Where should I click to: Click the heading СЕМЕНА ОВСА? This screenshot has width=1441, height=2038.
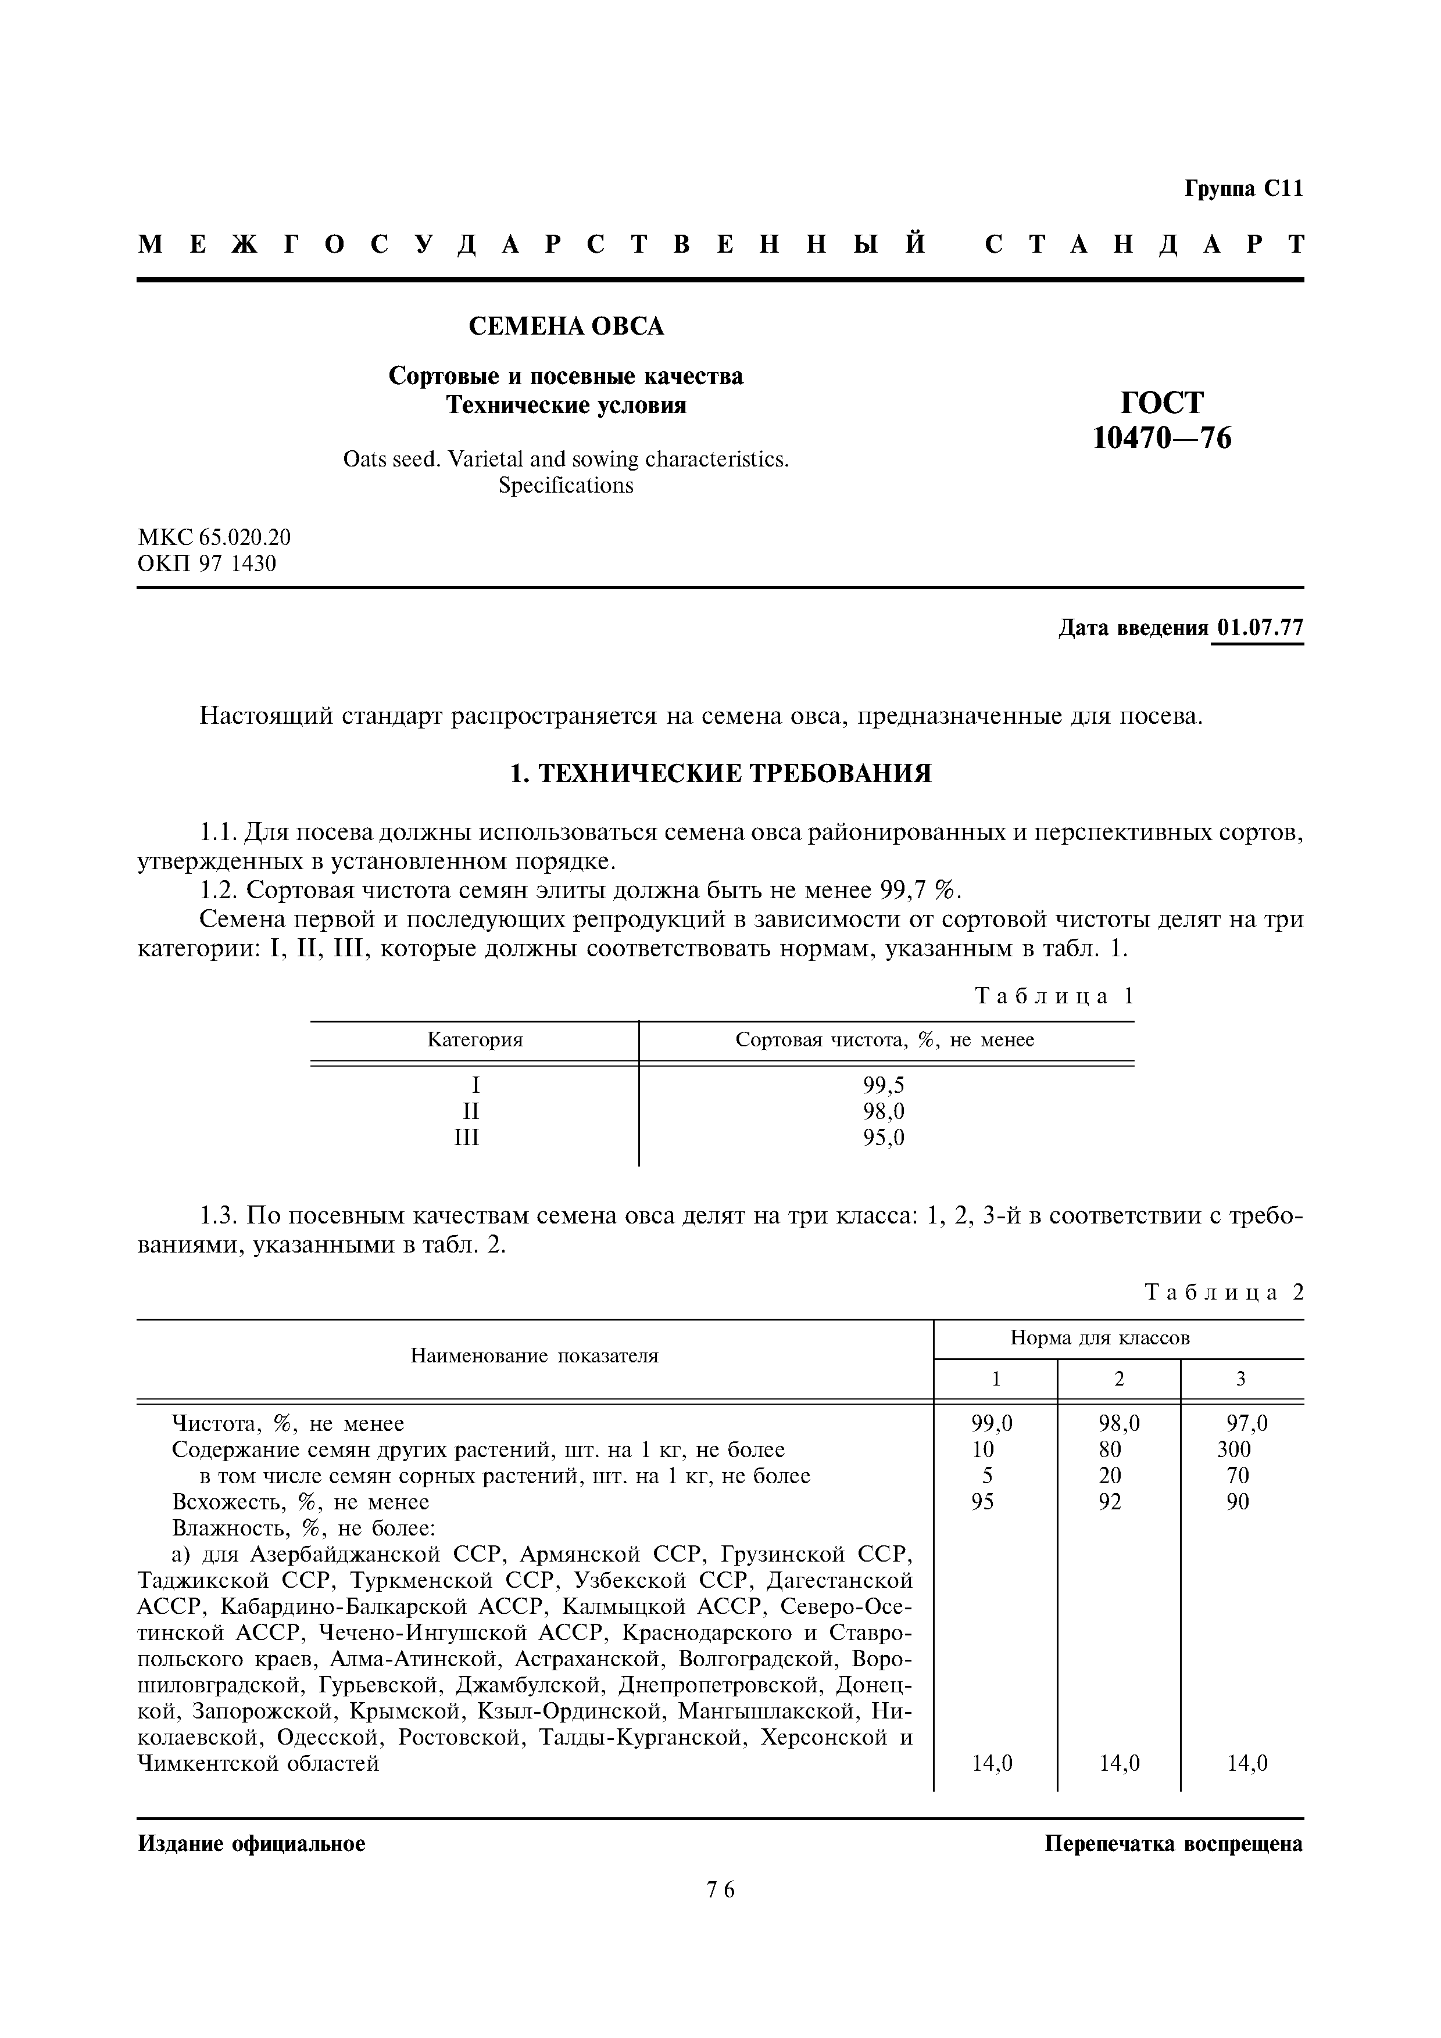(x=566, y=326)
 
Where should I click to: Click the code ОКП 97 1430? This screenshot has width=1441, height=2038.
(x=207, y=564)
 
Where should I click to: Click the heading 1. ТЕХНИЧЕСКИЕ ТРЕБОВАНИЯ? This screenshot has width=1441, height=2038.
(x=720, y=774)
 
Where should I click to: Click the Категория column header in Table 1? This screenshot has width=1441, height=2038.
(x=475, y=1039)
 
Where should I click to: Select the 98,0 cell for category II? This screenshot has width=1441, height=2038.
(x=884, y=1111)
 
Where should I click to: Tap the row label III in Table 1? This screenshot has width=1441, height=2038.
(x=466, y=1138)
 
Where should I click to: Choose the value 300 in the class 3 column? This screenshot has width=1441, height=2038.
(x=1233, y=1449)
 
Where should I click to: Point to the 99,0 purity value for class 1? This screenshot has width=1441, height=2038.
(x=991, y=1424)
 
